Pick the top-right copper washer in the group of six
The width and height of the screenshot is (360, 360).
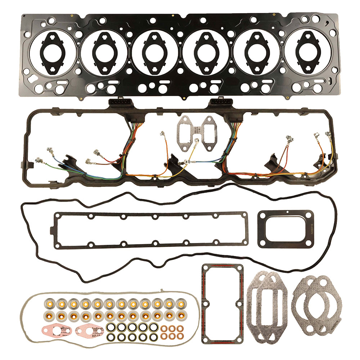pyautogui.click(x=179, y=328)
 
